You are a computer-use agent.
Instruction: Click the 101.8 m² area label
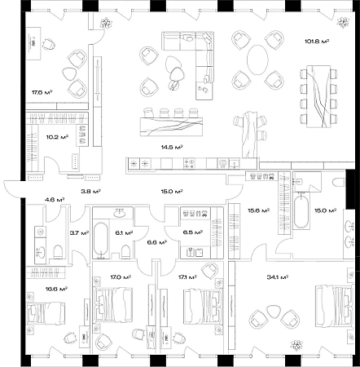click(x=317, y=42)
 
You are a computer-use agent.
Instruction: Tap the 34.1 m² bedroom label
click(x=277, y=277)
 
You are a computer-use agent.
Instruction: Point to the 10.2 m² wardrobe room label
click(x=57, y=137)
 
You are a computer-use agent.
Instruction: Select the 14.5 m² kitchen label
click(x=171, y=148)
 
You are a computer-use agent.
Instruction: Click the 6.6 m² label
click(x=157, y=241)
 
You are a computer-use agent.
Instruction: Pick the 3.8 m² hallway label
click(x=91, y=192)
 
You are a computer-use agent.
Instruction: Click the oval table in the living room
click(x=257, y=60)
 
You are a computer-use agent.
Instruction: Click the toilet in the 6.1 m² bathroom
click(x=125, y=252)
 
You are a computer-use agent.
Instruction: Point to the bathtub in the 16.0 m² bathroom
click(x=301, y=210)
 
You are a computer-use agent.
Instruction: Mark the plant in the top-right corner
click(x=344, y=23)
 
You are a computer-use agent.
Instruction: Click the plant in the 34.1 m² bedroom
click(x=296, y=345)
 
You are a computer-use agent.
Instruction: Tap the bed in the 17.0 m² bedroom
click(x=113, y=304)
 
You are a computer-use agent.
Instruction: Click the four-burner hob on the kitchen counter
click(x=189, y=164)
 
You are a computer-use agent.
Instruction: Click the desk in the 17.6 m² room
click(x=33, y=43)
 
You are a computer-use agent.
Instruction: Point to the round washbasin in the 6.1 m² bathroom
click(x=119, y=213)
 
